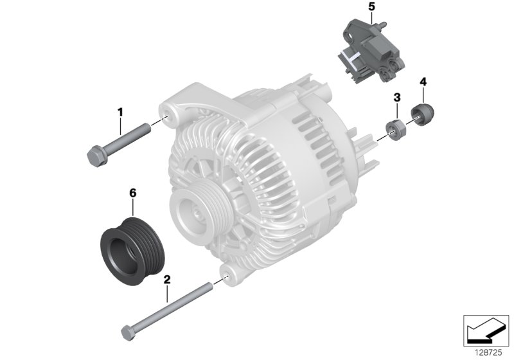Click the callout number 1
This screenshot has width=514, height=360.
(x=120, y=113)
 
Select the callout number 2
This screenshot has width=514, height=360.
(x=167, y=280)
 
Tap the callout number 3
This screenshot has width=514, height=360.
(x=397, y=97)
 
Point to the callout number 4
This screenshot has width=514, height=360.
(x=423, y=82)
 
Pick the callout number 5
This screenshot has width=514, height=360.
(x=371, y=6)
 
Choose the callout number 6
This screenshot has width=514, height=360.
(x=133, y=193)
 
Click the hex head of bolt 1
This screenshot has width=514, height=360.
(x=96, y=156)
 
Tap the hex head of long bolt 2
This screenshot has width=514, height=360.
(x=128, y=332)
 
